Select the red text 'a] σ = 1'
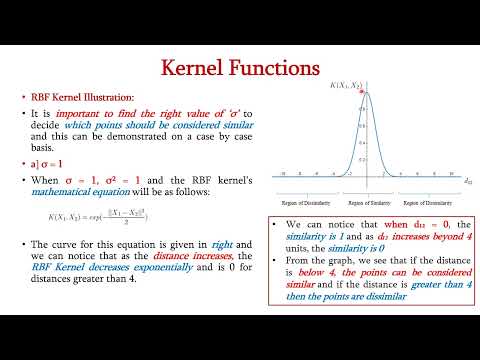47,163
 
